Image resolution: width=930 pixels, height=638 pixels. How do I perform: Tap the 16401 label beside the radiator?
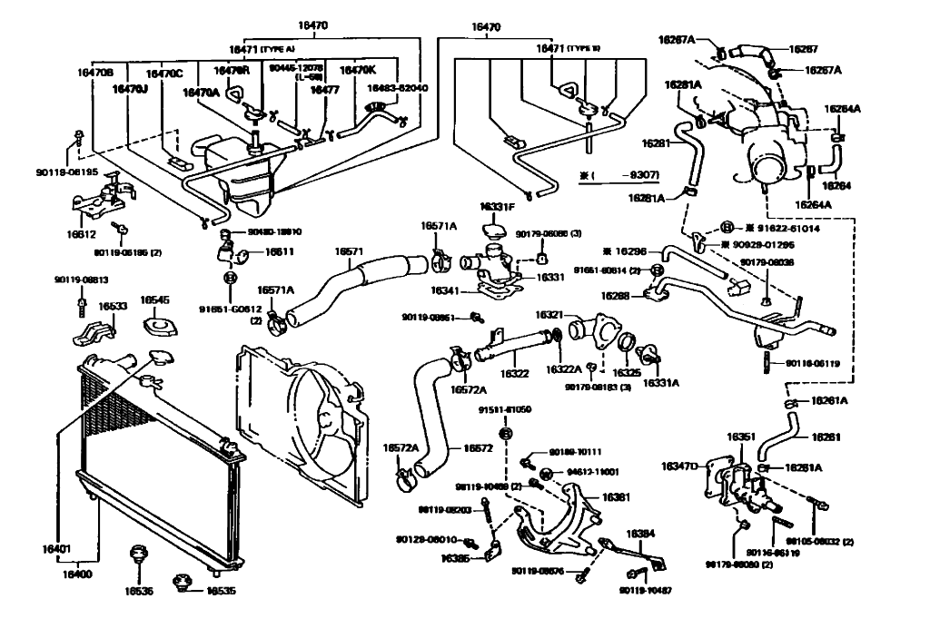click(55, 549)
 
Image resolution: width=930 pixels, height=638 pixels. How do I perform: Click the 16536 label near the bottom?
click(139, 591)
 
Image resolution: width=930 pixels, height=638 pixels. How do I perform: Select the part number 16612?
click(81, 234)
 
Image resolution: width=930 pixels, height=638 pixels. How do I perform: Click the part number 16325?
click(625, 372)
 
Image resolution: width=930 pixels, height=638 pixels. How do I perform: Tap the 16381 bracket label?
click(617, 497)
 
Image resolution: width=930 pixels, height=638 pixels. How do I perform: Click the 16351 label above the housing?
click(740, 437)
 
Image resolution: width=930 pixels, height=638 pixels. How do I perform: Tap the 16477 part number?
click(324, 90)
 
